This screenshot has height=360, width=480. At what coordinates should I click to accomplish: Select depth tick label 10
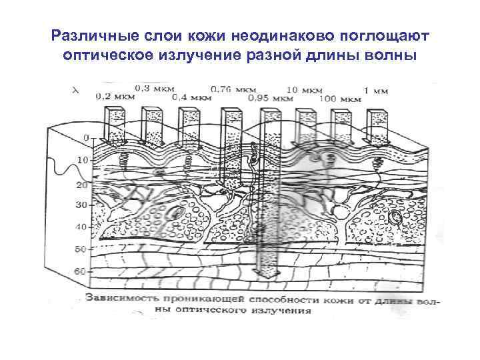82,160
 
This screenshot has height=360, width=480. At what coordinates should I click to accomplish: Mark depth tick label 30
81,205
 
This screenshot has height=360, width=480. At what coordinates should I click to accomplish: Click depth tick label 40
81,227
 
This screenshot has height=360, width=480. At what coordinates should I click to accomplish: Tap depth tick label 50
81,249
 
